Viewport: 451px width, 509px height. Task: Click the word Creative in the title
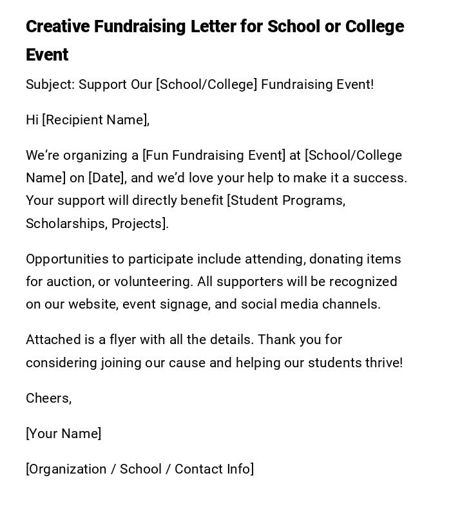57,27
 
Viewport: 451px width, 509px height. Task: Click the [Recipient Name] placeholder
95,120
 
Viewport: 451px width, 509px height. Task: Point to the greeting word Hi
32,120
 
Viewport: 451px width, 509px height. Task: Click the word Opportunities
66,259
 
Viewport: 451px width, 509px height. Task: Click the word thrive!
383,363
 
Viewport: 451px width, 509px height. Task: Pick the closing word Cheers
48,398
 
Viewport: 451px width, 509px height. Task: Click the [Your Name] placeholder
64,434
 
